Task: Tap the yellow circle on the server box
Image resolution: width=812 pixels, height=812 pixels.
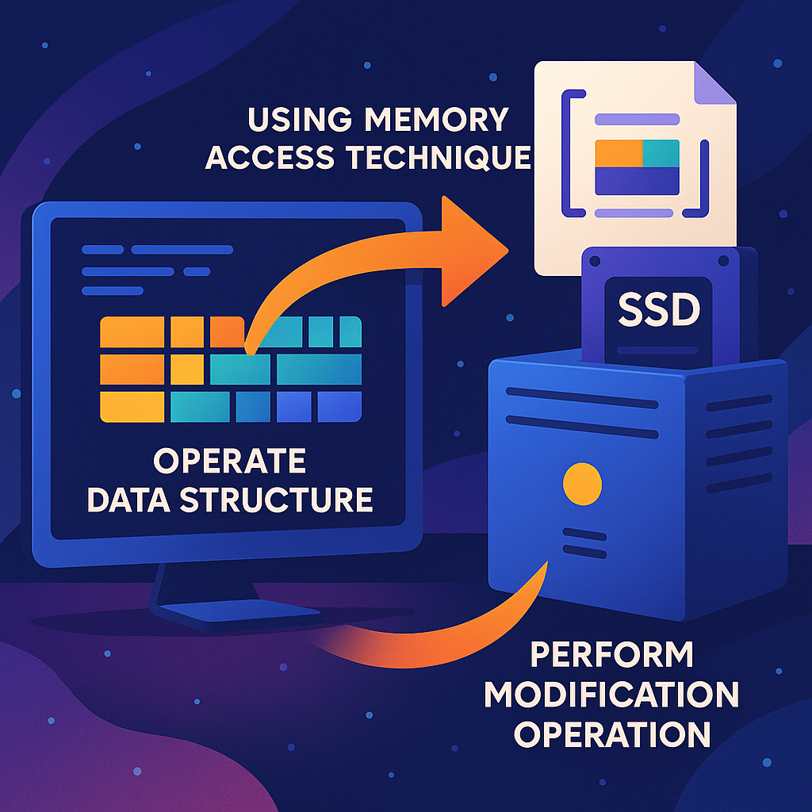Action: coord(581,483)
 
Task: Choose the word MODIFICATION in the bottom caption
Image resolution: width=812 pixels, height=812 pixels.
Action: coord(611,695)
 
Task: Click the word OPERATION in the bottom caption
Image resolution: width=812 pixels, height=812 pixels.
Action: coord(611,733)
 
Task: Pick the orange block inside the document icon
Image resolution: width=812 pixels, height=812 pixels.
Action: coord(618,152)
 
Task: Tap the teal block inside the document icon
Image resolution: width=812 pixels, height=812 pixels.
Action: coord(661,152)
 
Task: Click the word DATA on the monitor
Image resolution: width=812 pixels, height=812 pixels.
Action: coord(129,500)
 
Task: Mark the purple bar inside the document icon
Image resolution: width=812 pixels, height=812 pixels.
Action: coord(637,181)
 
